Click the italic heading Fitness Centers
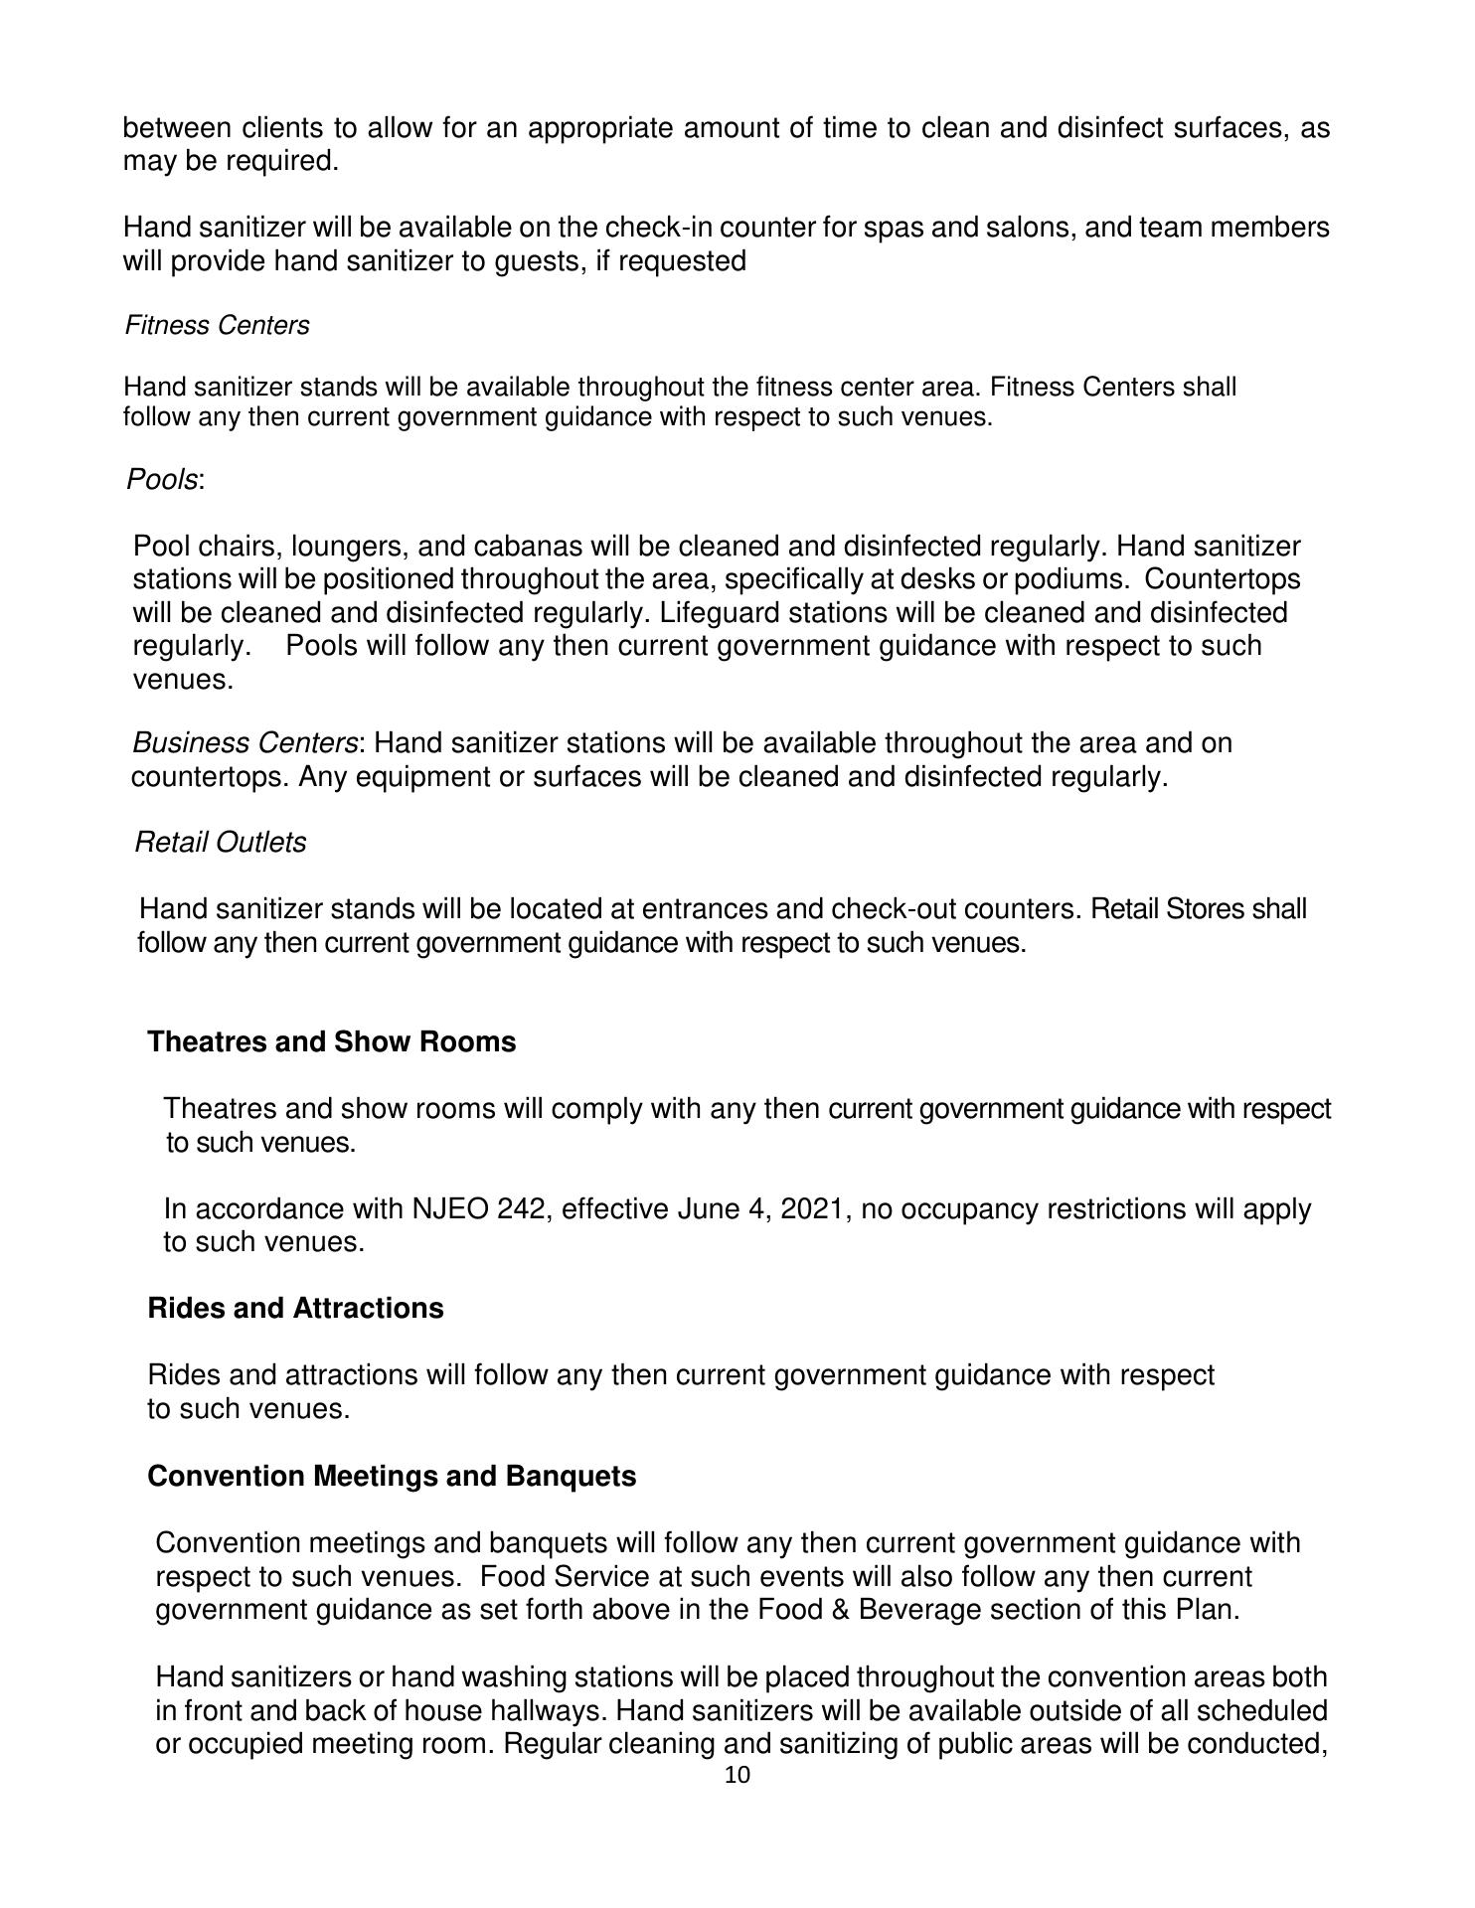point(217,326)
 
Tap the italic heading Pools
point(162,479)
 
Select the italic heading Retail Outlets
point(220,842)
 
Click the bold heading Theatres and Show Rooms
point(331,1041)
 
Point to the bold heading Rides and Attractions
point(295,1308)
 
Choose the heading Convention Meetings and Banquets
point(391,1476)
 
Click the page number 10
point(737,1775)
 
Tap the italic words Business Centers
point(245,743)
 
